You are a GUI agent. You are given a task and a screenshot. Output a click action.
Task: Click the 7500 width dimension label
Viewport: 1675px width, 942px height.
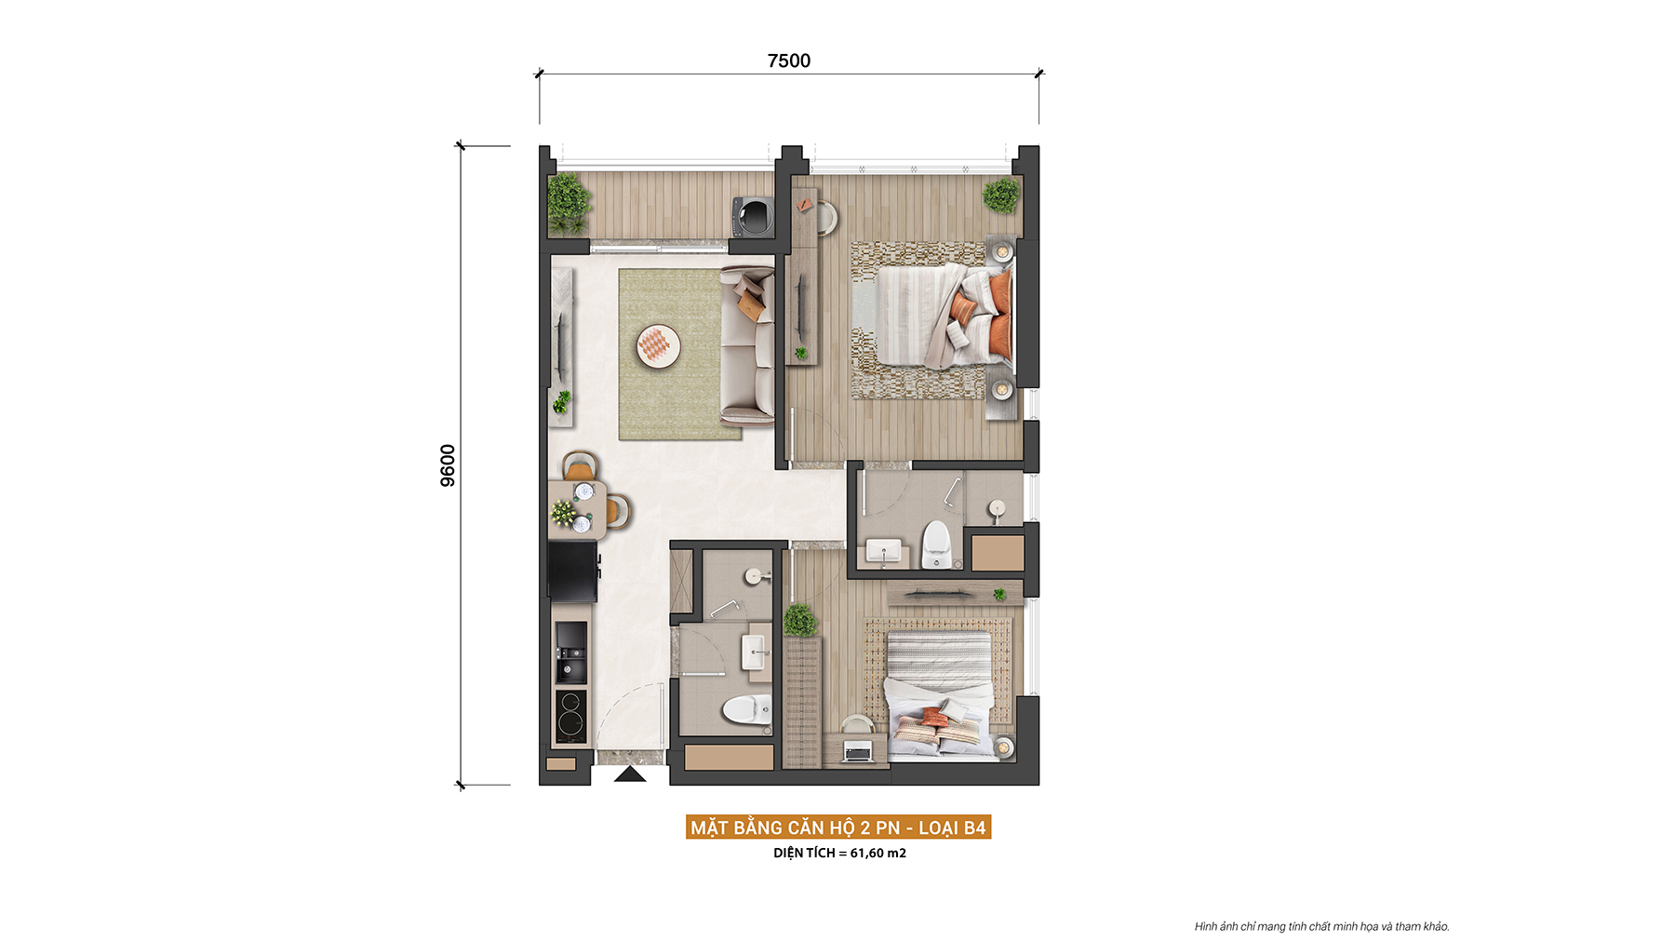[x=789, y=61]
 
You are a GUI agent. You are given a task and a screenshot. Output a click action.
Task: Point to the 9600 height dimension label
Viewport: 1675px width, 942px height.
[x=448, y=465]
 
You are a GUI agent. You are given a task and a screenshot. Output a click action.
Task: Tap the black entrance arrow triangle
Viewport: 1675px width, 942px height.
[x=630, y=774]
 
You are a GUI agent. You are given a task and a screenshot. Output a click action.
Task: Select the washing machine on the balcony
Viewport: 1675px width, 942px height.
[x=753, y=217]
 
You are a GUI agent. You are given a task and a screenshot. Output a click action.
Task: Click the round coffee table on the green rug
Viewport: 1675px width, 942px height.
[x=658, y=346]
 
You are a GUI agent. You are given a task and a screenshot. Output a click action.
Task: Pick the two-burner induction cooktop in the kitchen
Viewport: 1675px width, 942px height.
[x=571, y=715]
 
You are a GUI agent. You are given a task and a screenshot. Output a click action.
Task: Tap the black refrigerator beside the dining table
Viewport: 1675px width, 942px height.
[x=572, y=571]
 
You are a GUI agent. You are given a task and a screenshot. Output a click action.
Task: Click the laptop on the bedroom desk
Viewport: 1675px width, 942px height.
[x=857, y=750]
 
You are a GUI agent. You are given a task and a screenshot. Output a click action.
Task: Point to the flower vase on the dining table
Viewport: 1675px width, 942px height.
[x=564, y=512]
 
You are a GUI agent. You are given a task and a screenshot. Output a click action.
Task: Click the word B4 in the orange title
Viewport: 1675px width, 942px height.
[x=974, y=828]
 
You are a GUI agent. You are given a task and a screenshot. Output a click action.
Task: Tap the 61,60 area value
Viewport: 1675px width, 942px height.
[x=866, y=853]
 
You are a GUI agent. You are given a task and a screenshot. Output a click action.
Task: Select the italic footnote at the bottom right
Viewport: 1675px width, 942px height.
[x=1321, y=926]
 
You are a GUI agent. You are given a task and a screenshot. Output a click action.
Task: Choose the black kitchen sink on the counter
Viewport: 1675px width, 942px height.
[x=571, y=652]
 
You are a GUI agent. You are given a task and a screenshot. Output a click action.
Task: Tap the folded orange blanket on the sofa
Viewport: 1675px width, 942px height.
[x=751, y=303]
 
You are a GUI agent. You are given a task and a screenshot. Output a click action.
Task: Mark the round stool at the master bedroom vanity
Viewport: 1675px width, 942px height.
[x=826, y=218]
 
